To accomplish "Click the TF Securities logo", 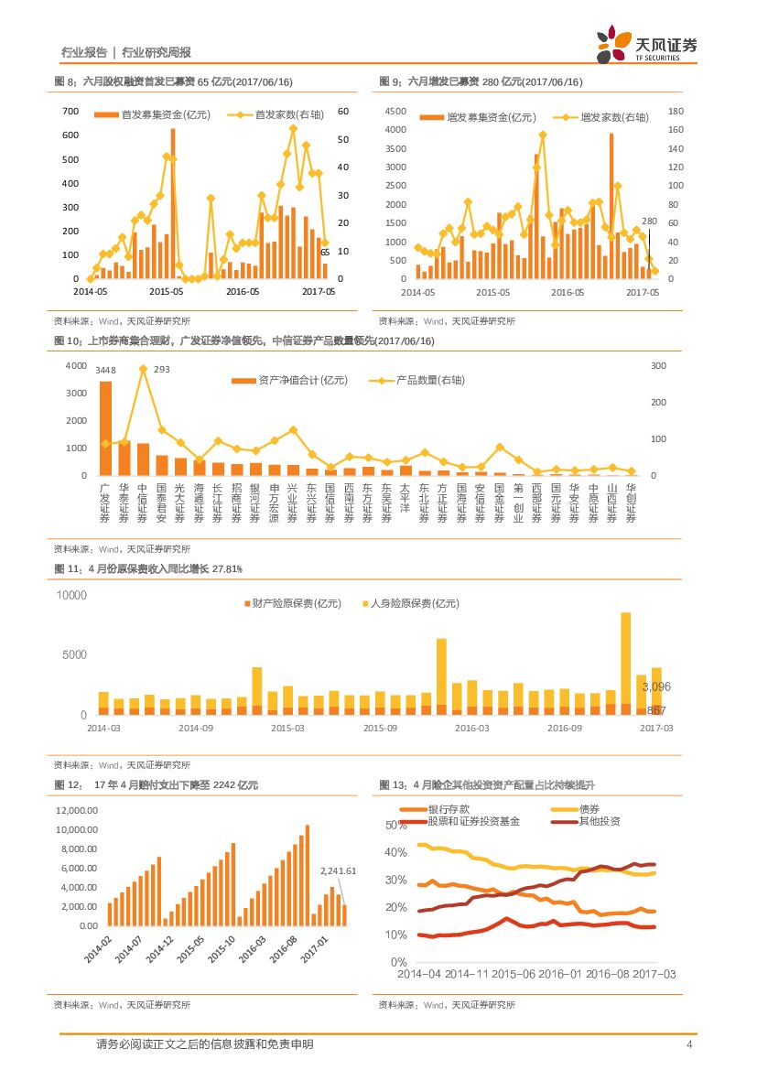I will point(646,46).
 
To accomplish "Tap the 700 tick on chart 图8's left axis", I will point(70,111).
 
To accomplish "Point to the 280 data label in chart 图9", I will point(649,222).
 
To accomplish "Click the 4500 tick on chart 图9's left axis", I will point(395,111).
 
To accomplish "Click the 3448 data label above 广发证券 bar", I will point(106,370).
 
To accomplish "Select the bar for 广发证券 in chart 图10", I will point(106,428).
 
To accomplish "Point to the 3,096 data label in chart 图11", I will point(657,686).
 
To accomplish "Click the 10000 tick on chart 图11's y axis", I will point(71,595).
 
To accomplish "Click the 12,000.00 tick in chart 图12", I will point(77,811).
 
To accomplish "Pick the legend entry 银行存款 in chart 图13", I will point(448,809).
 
